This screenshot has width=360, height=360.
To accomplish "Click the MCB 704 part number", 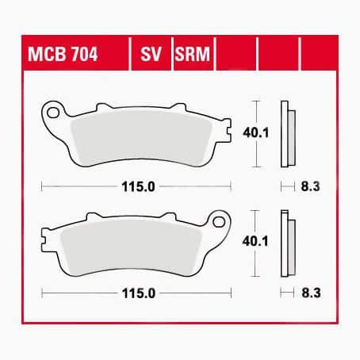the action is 63,54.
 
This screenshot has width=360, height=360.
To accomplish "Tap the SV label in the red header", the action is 151,54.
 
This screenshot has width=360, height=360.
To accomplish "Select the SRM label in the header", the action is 192,54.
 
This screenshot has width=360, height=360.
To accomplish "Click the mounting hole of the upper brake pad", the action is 53,113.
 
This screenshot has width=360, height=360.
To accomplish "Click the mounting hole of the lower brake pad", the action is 219,222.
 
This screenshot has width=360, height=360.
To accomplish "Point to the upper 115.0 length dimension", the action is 138,187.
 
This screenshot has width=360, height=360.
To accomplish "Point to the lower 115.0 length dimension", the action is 139,293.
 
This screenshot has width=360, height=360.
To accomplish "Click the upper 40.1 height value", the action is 255,132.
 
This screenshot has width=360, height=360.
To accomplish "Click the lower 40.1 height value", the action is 255,241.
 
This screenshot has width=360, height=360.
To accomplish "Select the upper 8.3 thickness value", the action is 310,186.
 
